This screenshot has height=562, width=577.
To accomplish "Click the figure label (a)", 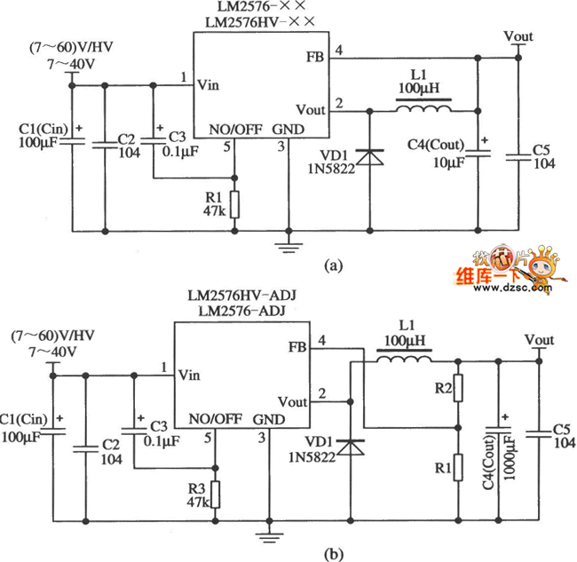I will tap(333, 264).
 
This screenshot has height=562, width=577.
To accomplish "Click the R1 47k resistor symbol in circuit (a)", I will tap(234, 202).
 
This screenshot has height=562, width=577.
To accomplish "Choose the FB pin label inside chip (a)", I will tap(314, 57).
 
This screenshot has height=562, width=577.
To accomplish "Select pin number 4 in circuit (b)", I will tap(322, 339).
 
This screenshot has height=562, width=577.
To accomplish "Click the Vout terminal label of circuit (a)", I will tap(518, 36).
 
